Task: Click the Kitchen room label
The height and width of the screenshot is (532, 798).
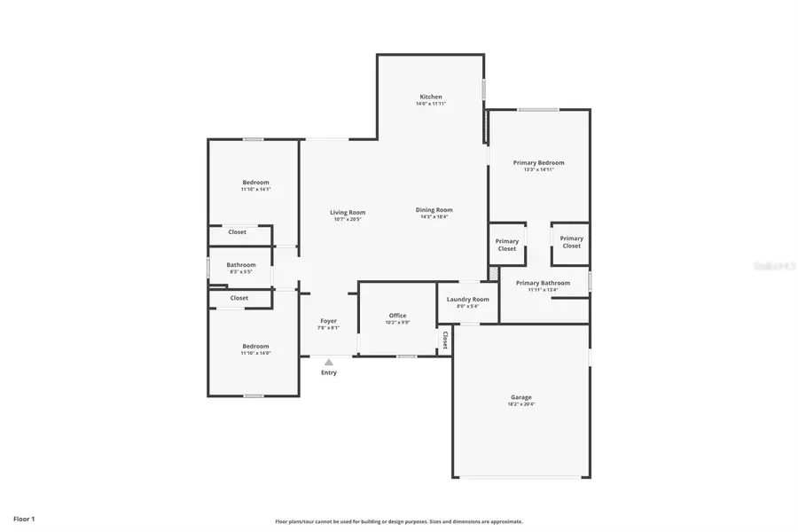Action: click(430, 97)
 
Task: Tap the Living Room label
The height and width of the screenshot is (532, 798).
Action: click(348, 212)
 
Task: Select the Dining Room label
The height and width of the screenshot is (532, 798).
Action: click(434, 210)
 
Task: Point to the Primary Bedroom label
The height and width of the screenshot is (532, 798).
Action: click(538, 163)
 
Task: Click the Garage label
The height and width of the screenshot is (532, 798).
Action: click(520, 397)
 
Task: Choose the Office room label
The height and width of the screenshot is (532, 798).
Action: click(397, 316)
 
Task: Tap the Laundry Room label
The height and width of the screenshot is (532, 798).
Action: click(467, 300)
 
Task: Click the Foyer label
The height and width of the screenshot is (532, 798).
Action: click(328, 321)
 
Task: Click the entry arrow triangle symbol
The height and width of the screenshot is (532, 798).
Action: click(328, 362)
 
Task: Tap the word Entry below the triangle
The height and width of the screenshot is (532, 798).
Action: click(329, 372)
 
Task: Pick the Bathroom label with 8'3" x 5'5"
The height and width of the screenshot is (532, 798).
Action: click(240, 265)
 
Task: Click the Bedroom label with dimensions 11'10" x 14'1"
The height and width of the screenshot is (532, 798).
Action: click(255, 183)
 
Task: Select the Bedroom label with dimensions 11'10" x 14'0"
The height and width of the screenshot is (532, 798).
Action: click(255, 347)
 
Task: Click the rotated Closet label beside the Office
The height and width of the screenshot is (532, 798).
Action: click(444, 340)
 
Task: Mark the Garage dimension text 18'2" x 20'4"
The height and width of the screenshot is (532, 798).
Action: click(520, 404)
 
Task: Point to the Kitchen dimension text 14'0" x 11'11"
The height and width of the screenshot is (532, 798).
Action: click(431, 104)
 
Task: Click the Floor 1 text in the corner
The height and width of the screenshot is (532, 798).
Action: click(24, 518)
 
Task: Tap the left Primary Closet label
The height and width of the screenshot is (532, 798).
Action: click(507, 245)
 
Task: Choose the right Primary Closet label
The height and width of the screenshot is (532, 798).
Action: click(571, 242)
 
